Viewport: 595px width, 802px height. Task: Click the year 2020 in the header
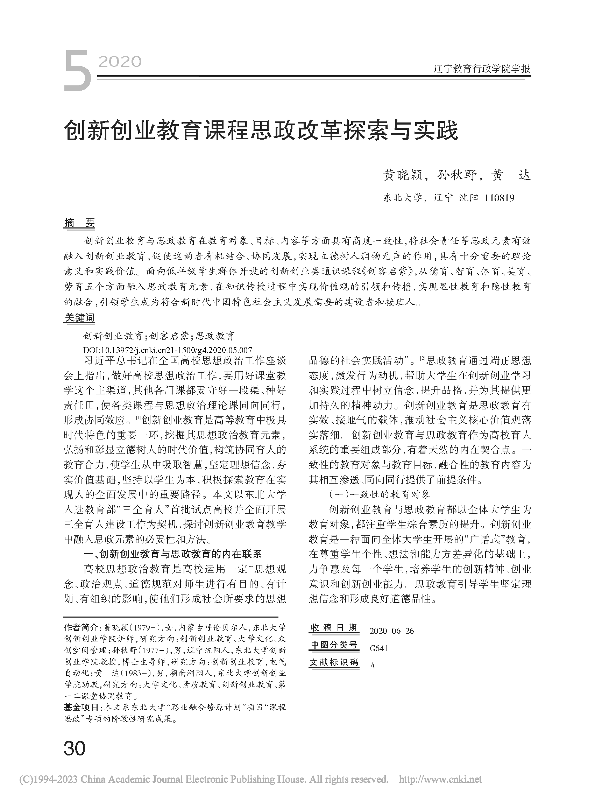point(120,62)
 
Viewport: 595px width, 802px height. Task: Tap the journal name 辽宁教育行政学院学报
point(482,69)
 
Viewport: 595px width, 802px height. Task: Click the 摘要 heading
point(79,223)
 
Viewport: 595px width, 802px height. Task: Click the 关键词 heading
point(79,317)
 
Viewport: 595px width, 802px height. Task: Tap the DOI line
point(168,350)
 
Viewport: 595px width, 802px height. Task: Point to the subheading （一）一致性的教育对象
point(380,494)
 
